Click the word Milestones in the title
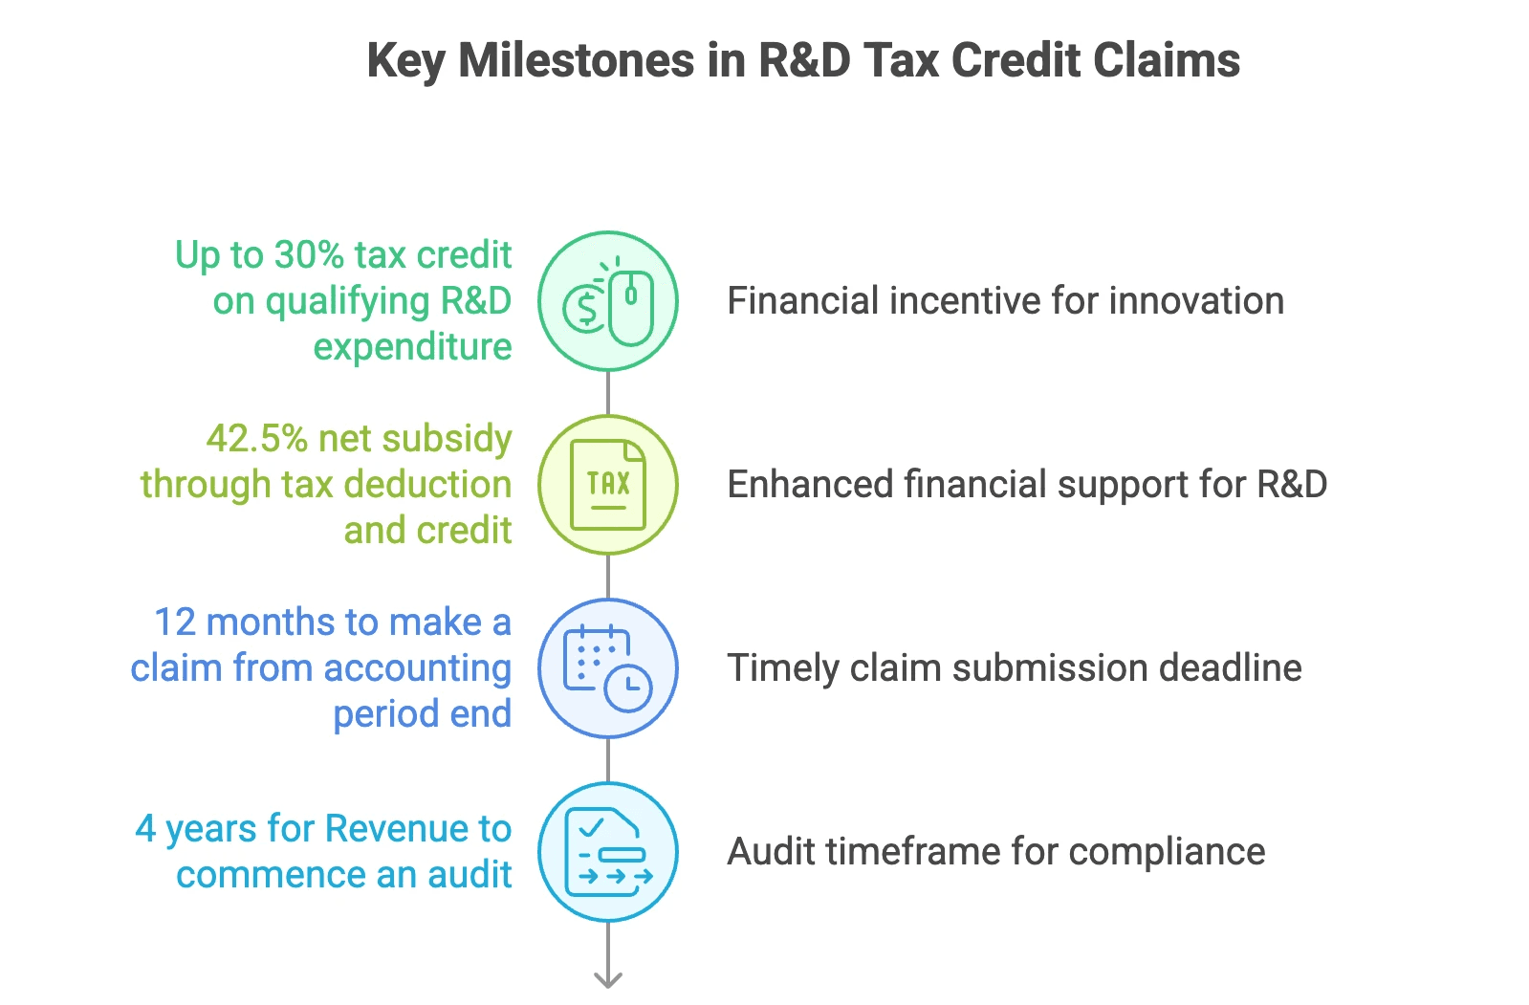(577, 60)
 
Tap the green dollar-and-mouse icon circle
(608, 301)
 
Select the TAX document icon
(608, 485)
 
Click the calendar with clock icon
(608, 668)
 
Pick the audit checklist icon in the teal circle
(608, 852)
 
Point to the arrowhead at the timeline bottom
(608, 979)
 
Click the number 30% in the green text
(309, 255)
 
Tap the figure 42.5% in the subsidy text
(256, 439)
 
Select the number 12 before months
(175, 623)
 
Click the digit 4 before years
(145, 829)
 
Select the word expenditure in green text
(412, 347)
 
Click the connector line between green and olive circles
(608, 393)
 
